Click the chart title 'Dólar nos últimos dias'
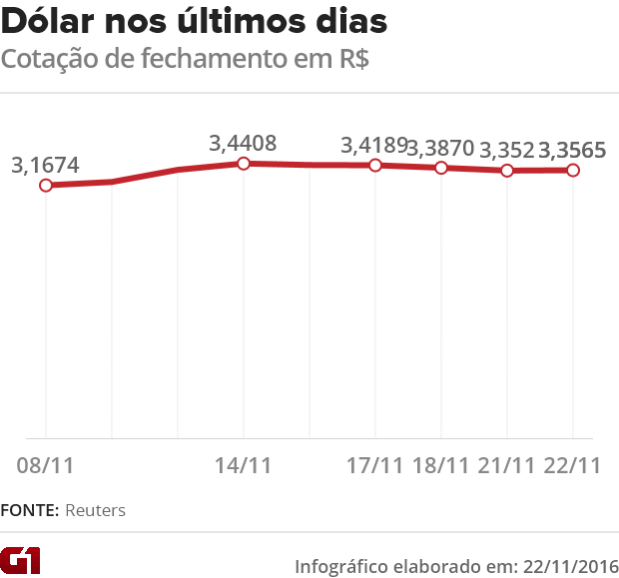[x=197, y=21]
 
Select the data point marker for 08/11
[x=45, y=186]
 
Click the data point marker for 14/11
[x=243, y=163]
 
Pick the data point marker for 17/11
[x=375, y=165]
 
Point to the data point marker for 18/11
[x=440, y=168]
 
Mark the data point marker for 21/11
[x=507, y=171]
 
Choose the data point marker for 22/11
[x=573, y=171]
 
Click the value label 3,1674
[x=45, y=165]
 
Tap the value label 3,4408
[x=243, y=143]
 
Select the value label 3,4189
[x=374, y=146]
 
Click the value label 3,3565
[x=573, y=150]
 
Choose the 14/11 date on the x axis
[x=243, y=465]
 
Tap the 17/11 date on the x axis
[x=374, y=465]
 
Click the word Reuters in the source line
[x=96, y=510]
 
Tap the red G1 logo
[x=21, y=561]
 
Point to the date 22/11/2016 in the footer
[x=566, y=564]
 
